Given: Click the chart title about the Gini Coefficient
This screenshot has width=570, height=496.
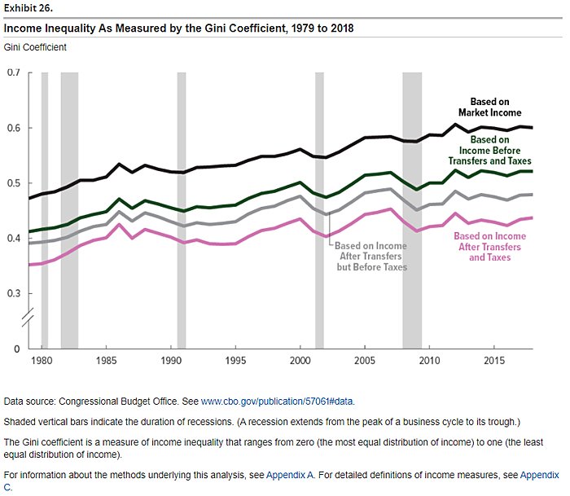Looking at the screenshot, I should click(x=179, y=29).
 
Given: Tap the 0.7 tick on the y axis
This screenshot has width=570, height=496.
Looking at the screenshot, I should click(x=13, y=73).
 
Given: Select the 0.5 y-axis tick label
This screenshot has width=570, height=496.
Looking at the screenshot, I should click(x=13, y=183).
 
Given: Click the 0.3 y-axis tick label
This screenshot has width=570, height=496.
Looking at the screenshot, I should click(x=13, y=293).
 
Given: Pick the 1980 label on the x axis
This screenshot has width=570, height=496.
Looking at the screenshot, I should click(x=42, y=359).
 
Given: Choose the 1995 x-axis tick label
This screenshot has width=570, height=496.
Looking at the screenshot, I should click(x=235, y=359).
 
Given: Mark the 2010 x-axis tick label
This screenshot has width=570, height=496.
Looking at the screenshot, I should click(x=428, y=359).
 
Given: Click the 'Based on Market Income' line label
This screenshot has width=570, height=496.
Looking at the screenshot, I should click(x=489, y=108).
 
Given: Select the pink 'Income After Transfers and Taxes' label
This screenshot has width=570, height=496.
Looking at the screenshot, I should click(x=489, y=246).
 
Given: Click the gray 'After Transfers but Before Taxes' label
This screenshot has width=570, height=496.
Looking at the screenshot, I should click(x=371, y=256).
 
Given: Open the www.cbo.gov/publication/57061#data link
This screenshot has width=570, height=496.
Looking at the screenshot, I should click(x=278, y=402).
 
